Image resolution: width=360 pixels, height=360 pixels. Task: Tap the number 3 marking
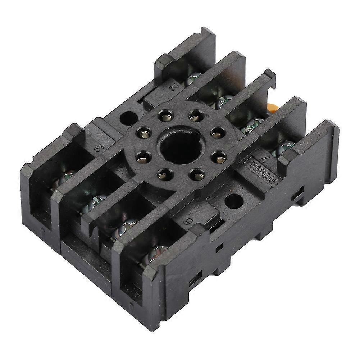(x=96, y=148)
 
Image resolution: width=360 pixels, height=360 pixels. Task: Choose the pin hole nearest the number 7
(x=219, y=157)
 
